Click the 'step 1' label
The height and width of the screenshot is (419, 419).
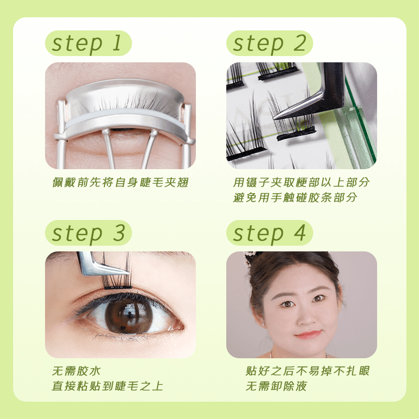pos(88,43)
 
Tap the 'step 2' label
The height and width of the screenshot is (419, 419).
pos(269,43)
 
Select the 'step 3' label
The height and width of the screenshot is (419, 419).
pos(88,233)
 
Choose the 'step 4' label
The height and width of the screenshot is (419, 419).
pos(269,233)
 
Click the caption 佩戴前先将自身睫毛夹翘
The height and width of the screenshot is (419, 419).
pos(120,182)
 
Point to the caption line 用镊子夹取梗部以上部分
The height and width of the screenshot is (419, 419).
pos(302,182)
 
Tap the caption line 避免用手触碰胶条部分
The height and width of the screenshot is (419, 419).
pos(295,198)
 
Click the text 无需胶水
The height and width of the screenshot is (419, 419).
pos(76,371)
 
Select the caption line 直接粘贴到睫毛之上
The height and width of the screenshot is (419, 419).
pos(107,386)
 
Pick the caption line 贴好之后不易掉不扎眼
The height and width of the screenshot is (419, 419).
pos(307,371)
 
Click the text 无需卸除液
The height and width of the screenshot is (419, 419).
pos(277,386)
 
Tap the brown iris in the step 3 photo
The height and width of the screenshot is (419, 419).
pos(129,317)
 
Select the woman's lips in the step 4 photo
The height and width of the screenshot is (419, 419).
pos(308,334)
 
